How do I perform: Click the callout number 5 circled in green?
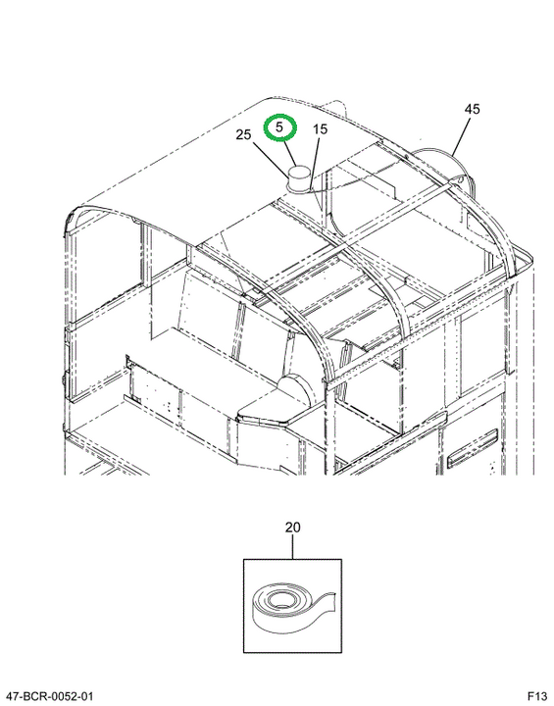(x=279, y=126)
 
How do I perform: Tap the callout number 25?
(x=244, y=134)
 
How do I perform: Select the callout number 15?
(x=320, y=129)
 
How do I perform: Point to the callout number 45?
(x=473, y=109)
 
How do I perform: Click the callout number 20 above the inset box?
(x=293, y=527)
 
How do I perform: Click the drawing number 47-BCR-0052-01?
(x=47, y=696)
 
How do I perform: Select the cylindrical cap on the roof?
(x=299, y=179)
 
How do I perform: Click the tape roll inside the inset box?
(x=292, y=608)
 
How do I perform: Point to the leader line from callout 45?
(x=461, y=136)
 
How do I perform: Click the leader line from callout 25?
(x=271, y=160)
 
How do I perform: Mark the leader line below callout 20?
(x=293, y=547)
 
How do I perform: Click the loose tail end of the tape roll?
(x=327, y=602)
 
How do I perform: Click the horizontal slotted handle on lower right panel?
(x=473, y=447)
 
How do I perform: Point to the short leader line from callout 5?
(x=290, y=154)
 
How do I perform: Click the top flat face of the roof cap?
(x=299, y=171)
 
